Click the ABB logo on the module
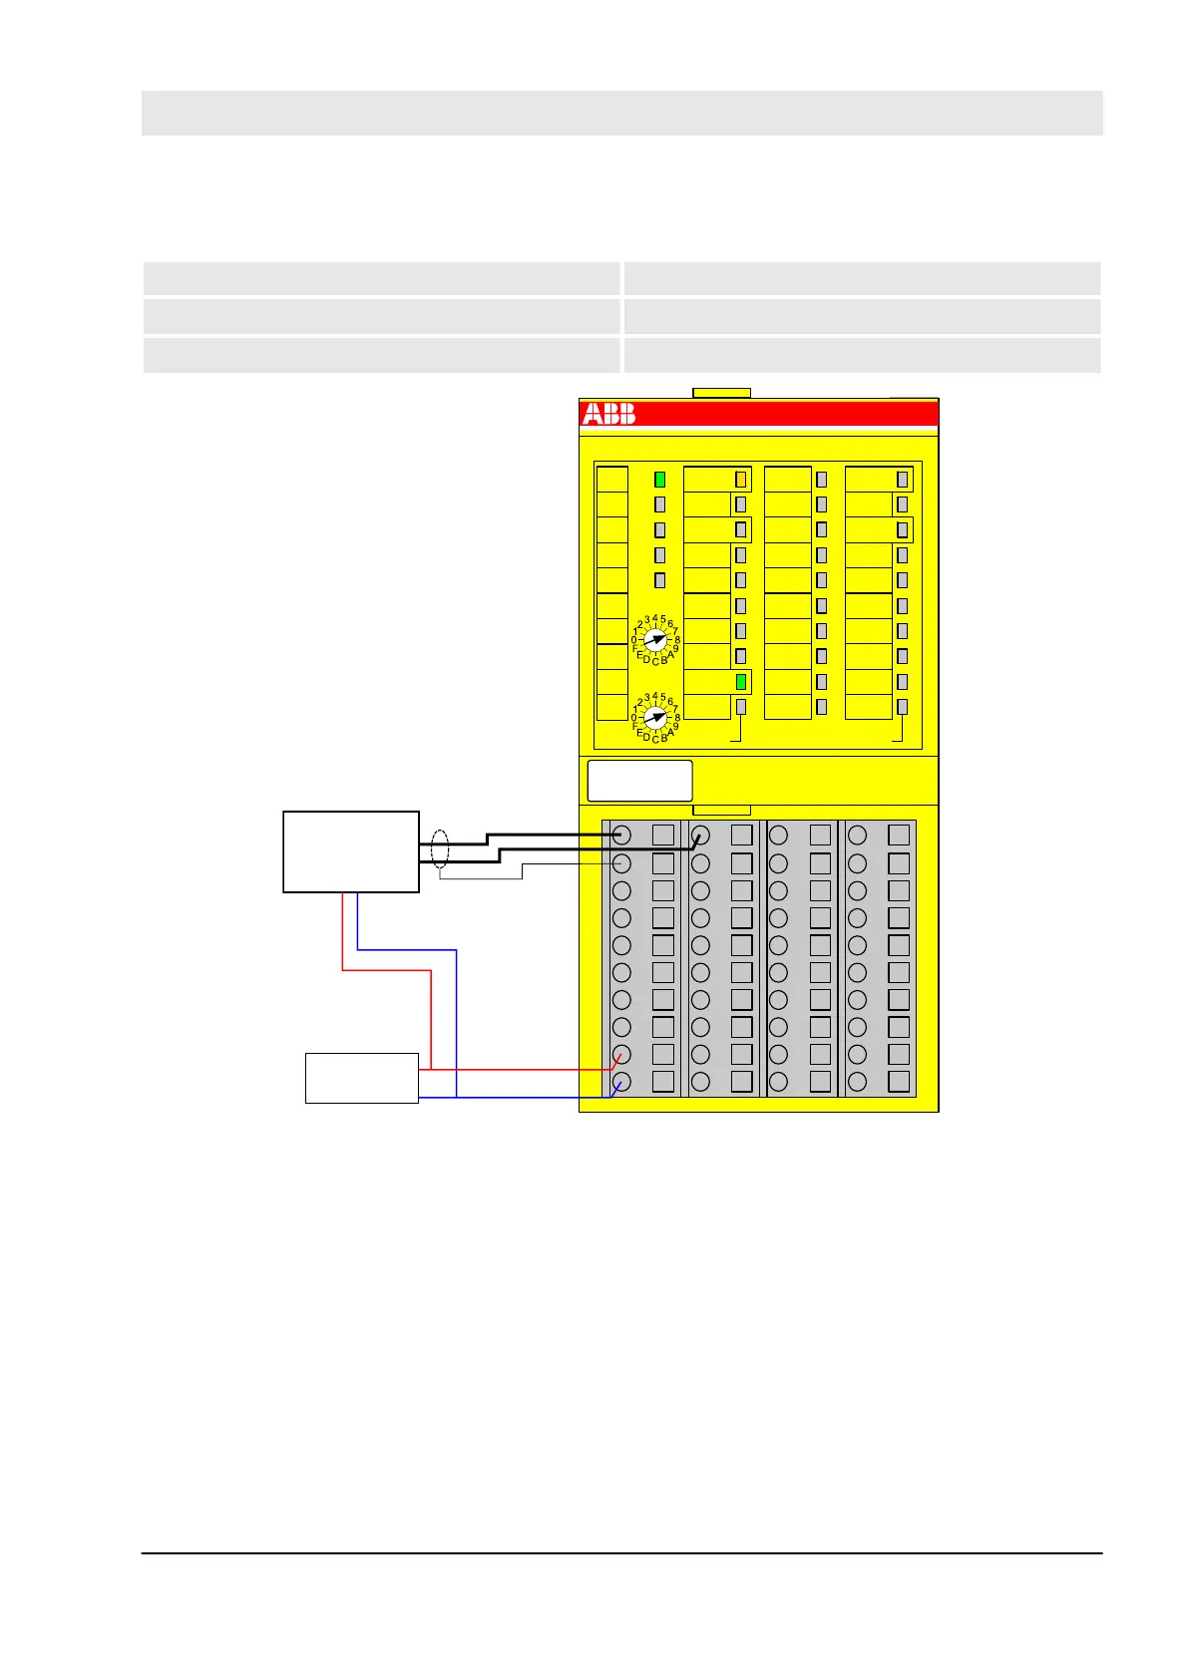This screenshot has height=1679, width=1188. coord(608,415)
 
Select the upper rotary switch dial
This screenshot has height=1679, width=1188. coord(655,638)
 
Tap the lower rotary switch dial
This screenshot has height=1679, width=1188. coord(655,717)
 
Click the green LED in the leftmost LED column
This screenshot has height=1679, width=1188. coord(659,480)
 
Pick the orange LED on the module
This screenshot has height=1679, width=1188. coord(740,480)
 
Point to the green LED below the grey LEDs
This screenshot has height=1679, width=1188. coord(741,682)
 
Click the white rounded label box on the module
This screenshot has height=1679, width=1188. coord(639,781)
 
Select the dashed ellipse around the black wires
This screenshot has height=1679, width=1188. coord(440,849)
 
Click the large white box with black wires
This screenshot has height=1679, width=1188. coord(350,851)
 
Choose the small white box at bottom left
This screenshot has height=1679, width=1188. coord(361,1078)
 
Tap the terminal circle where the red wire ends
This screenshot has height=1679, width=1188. coord(621,1054)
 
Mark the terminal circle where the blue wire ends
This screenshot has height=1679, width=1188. coord(621,1082)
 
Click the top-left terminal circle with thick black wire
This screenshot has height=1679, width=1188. coord(621,835)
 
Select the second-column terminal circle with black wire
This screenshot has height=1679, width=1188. coord(700,835)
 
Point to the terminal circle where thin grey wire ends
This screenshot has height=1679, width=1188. coord(621,862)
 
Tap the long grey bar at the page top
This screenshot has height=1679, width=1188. coord(621,113)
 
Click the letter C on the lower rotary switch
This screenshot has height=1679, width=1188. coord(655,739)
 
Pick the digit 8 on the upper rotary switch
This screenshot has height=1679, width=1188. coord(677,640)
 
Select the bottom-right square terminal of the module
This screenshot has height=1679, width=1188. coord(899,1082)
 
